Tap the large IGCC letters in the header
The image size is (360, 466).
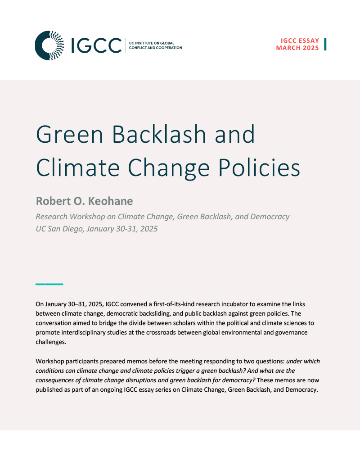point(96,46)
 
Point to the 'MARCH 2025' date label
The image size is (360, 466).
point(297,48)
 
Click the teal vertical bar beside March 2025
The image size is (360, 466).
point(325,44)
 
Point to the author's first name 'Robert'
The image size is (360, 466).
point(53,201)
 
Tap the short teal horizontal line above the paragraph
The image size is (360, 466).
point(49,284)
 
